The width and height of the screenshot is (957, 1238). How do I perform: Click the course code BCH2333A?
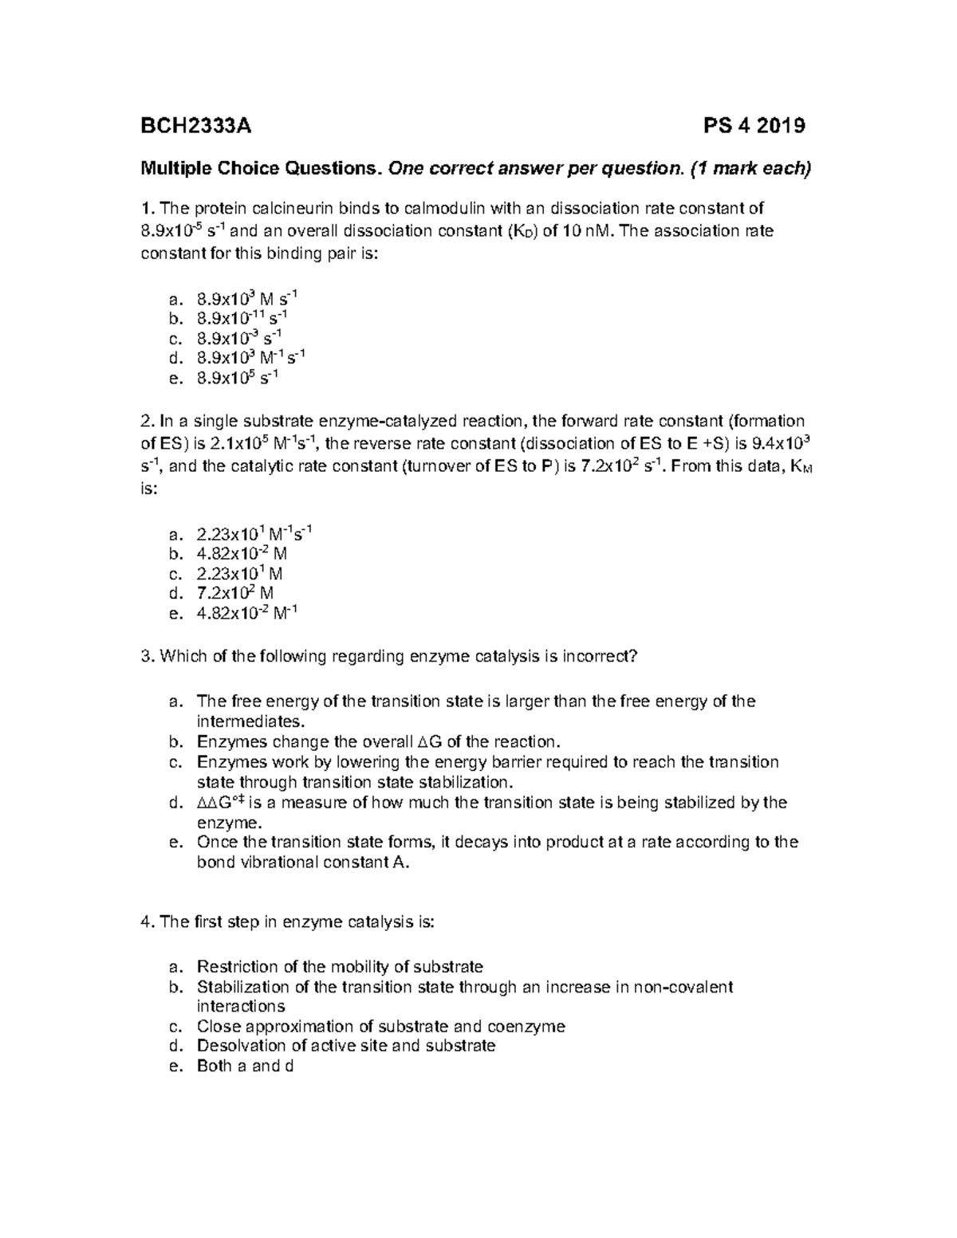(195, 125)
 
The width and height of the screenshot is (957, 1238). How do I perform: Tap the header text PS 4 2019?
(754, 125)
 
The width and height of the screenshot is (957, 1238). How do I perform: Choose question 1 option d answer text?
(250, 357)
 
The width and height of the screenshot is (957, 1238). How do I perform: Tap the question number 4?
(146, 922)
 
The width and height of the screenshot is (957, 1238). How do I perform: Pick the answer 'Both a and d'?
(245, 1066)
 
